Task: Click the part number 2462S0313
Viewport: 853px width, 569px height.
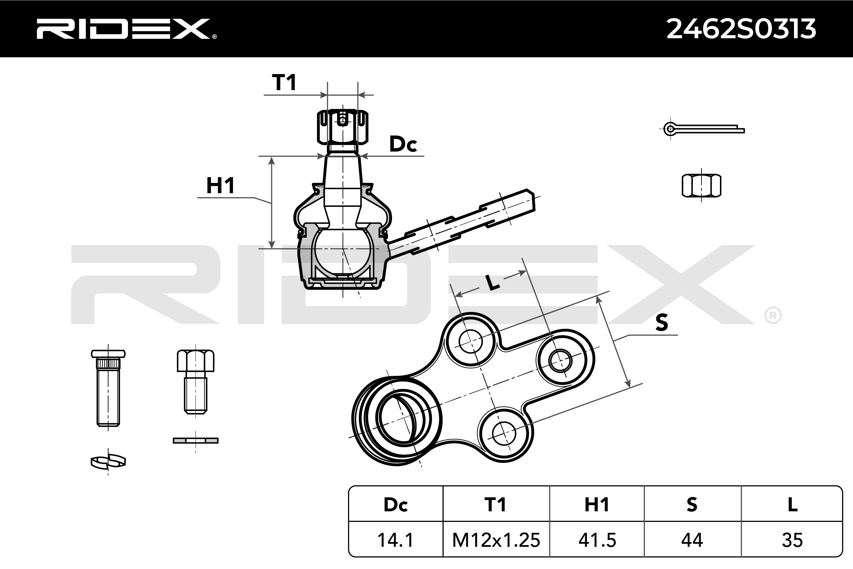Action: tap(741, 29)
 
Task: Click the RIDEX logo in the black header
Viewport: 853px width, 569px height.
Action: tap(126, 29)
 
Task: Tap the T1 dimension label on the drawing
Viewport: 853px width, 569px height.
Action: tap(284, 82)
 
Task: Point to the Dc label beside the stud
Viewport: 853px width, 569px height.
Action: tap(403, 144)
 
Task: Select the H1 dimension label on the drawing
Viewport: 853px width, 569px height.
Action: tap(220, 185)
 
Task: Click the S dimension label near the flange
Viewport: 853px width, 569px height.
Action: tap(662, 322)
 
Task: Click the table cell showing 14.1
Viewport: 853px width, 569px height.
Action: tap(395, 540)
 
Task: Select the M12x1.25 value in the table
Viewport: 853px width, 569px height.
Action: tap(496, 540)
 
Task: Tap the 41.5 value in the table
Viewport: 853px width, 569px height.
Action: tap(597, 540)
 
